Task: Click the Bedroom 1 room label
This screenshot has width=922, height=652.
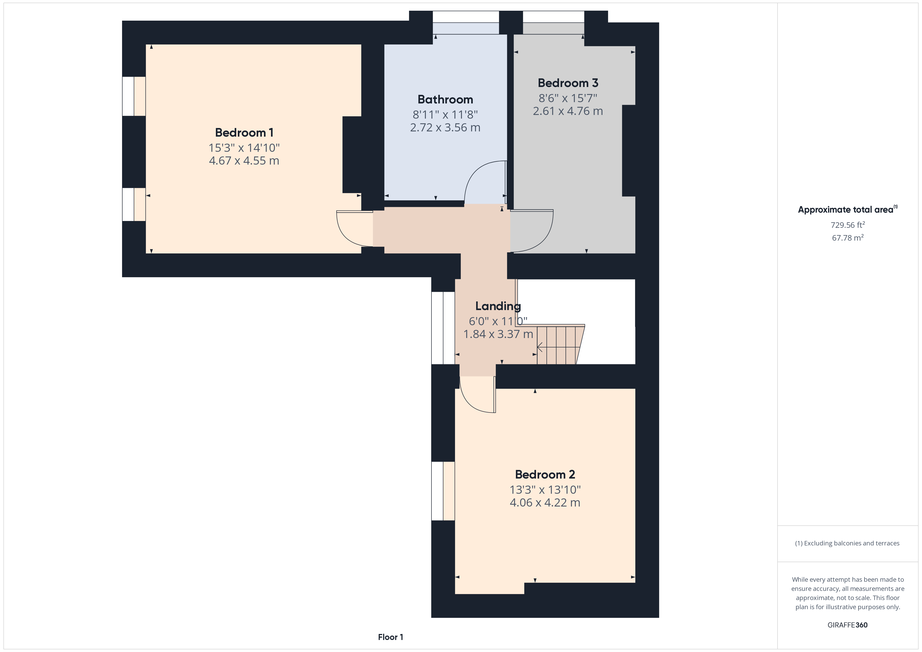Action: tap(244, 132)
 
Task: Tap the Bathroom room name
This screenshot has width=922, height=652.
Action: tap(445, 99)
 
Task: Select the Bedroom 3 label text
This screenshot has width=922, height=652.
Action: tap(568, 83)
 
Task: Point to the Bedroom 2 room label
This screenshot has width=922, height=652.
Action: tap(545, 475)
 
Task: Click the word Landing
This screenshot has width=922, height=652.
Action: tap(498, 306)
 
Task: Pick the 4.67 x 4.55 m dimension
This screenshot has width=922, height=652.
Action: tap(244, 161)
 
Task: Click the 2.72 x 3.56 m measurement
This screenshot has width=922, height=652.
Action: tap(445, 128)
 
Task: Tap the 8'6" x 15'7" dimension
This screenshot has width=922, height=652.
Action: tap(568, 98)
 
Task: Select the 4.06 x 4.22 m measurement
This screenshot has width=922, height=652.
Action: tap(545, 503)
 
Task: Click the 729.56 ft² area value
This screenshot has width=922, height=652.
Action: tap(848, 225)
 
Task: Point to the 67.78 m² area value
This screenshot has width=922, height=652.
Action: tap(848, 238)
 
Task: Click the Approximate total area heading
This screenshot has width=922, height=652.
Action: tap(848, 209)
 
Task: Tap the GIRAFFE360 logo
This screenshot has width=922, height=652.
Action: tap(848, 625)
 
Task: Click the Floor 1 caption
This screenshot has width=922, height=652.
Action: tap(390, 637)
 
